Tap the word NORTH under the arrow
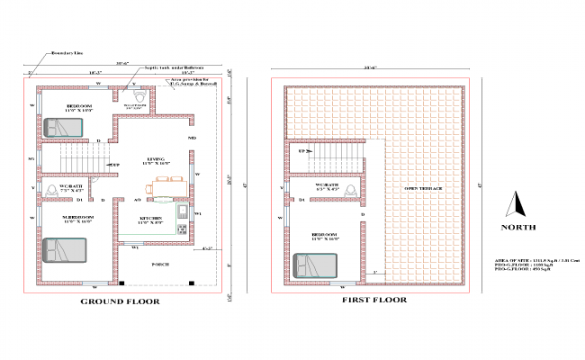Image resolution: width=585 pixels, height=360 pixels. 519,229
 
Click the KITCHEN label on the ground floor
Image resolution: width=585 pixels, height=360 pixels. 150,219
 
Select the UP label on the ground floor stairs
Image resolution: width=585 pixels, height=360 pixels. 115,165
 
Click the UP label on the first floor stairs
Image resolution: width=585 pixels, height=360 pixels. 302,152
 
